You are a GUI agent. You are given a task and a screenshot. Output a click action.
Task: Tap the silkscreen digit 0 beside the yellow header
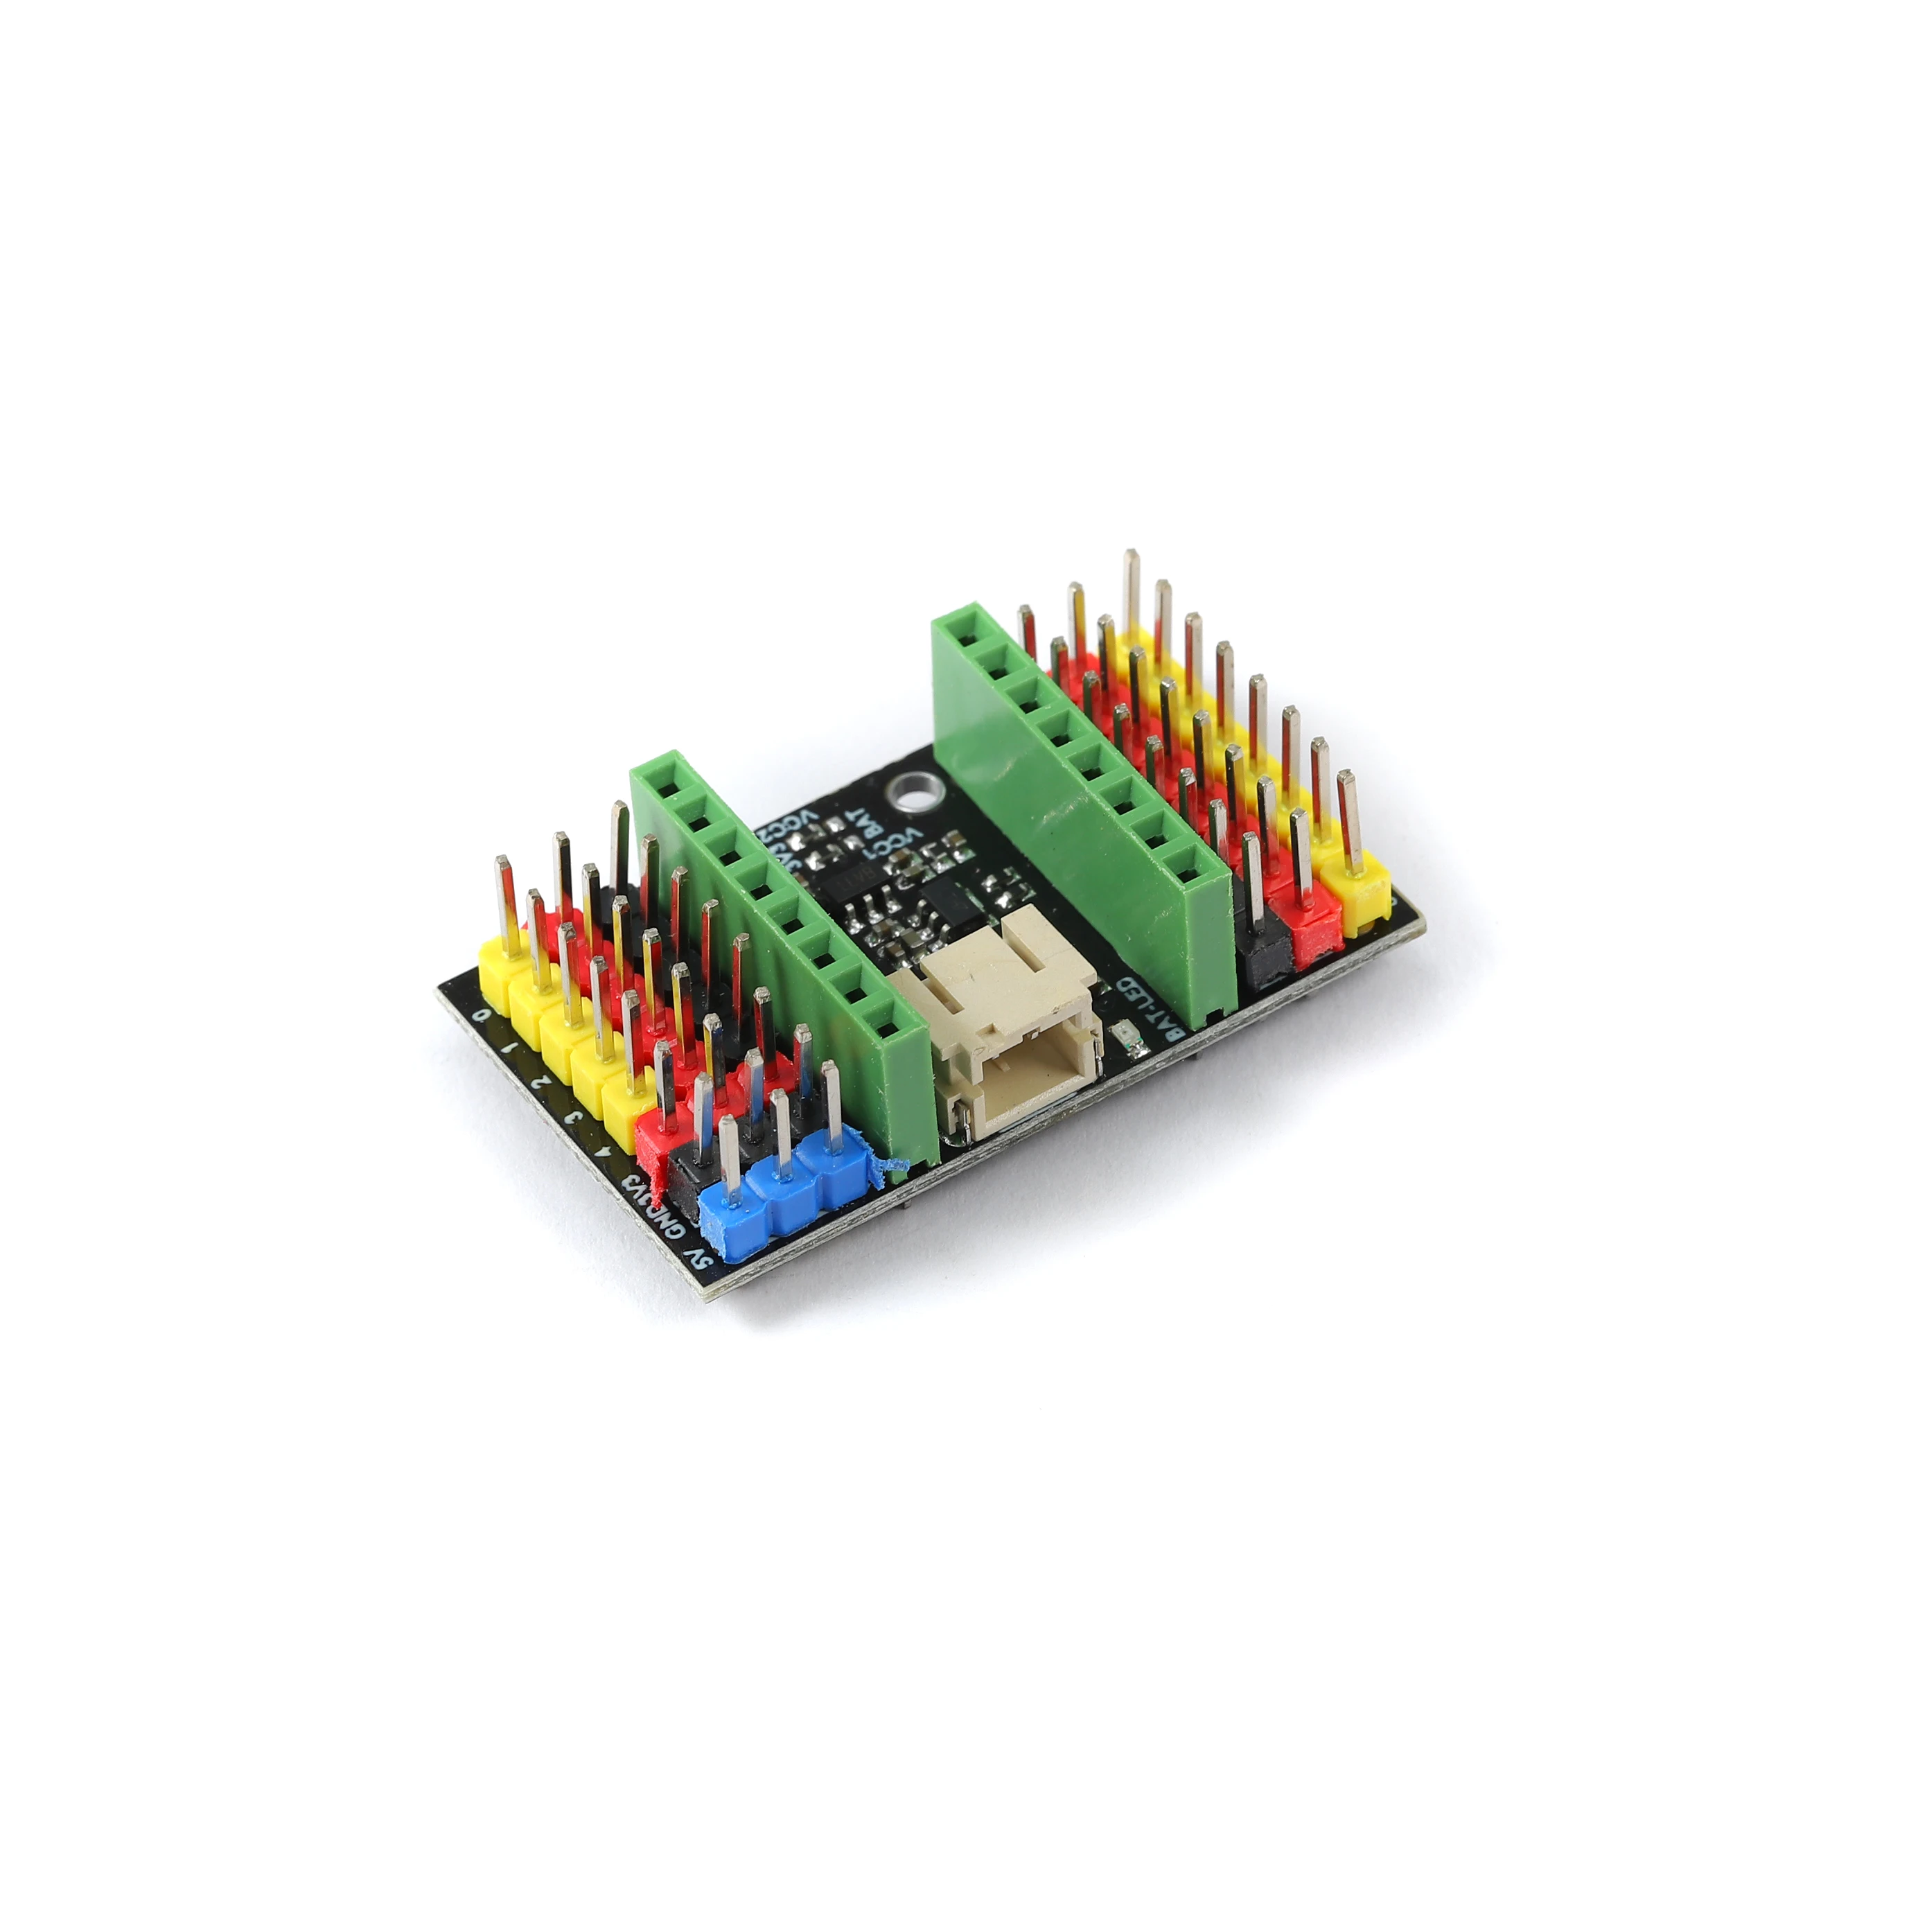point(482,1014)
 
